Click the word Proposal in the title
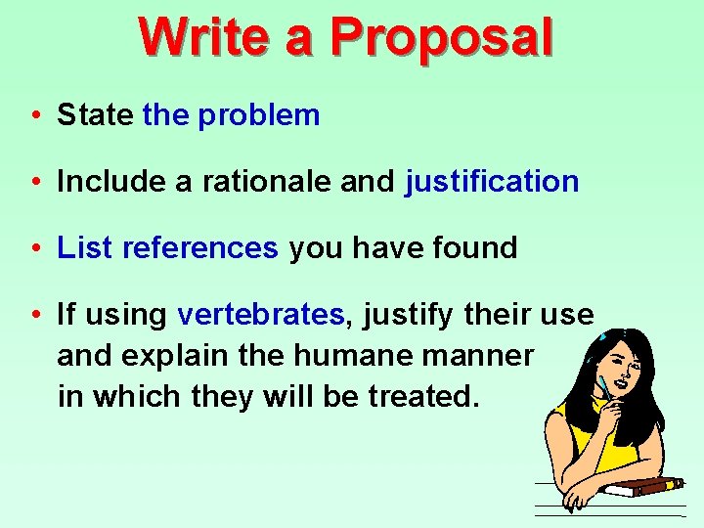point(441,37)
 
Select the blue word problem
point(258,115)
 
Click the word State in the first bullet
point(95,115)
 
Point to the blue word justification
point(492,182)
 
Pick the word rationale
point(268,182)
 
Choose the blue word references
point(200,248)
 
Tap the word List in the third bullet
point(85,248)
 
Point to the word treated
point(422,396)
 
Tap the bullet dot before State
point(34,116)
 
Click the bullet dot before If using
point(34,316)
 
